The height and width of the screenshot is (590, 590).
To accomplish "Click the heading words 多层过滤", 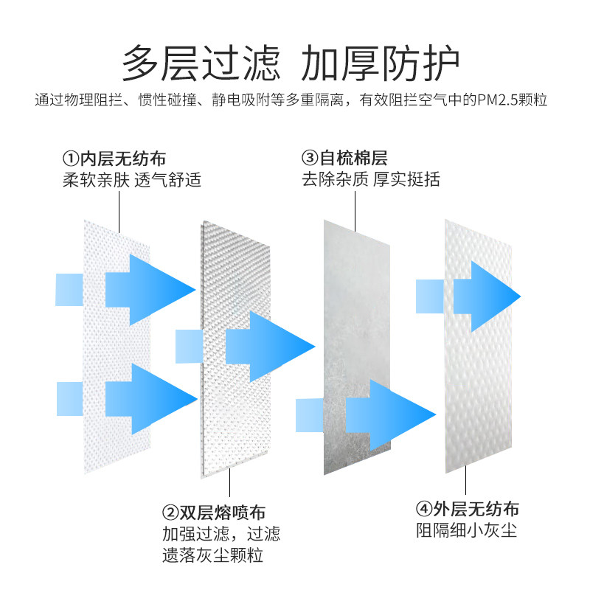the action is click(201, 63).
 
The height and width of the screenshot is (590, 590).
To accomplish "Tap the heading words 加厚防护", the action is click(380, 63).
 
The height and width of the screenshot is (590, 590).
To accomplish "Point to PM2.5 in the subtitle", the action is click(497, 100).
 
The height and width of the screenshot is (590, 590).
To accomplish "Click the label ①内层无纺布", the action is click(114, 159).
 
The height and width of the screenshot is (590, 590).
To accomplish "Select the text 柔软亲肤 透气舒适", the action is click(132, 180).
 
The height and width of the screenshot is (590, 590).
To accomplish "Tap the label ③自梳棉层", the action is click(344, 158).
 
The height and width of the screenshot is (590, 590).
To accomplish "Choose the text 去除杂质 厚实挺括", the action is click(371, 179).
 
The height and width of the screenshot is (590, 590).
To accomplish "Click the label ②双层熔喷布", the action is click(214, 513).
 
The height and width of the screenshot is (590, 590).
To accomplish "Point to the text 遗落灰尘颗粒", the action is click(212, 555).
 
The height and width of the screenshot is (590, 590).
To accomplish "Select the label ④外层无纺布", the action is click(468, 509).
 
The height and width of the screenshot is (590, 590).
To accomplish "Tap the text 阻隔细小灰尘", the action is click(467, 530).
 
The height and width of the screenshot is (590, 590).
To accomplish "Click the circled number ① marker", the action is click(70, 159).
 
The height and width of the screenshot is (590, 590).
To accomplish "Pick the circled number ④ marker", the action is click(423, 509).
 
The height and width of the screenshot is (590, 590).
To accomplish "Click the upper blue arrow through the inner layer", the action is click(150, 290).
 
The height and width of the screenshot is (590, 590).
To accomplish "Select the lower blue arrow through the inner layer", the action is click(150, 399).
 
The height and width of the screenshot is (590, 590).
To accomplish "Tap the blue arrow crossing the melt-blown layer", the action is click(271, 347).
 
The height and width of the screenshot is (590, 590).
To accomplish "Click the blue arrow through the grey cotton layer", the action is click(392, 415).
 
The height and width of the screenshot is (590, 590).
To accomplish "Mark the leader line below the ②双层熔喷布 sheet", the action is click(229, 482).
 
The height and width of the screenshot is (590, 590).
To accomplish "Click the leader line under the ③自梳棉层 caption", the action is click(355, 211).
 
